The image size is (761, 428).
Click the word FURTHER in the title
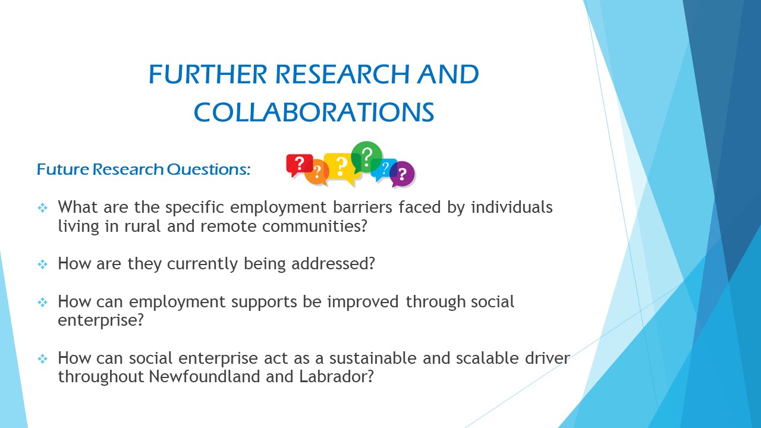[x=208, y=74]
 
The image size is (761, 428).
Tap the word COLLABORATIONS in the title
[x=314, y=112]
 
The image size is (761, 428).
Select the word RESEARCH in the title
[x=342, y=74]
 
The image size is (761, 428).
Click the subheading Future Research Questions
[x=143, y=169]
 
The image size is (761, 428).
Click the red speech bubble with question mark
[x=299, y=165]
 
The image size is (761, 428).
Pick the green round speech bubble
[x=366, y=157]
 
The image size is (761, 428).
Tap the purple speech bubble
[x=402, y=174]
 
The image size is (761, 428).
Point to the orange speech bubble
[x=317, y=172]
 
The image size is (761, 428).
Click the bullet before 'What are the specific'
[x=42, y=207]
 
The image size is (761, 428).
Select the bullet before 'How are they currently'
[x=42, y=264]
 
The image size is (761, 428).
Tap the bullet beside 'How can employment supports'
[x=42, y=302]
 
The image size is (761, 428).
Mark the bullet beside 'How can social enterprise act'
[x=42, y=358]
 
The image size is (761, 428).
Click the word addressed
[x=333, y=263]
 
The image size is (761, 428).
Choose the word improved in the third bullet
[x=363, y=302]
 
